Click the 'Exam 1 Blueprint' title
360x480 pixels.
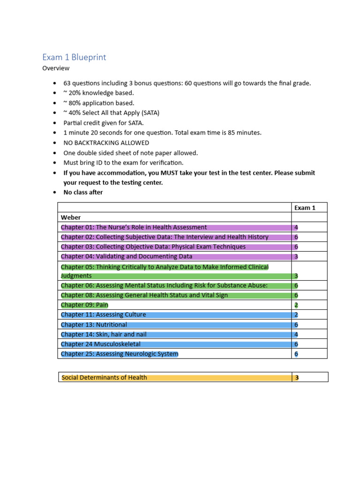pos(74,57)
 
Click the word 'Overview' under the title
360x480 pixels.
pos(56,68)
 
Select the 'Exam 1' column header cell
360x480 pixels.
pos(305,208)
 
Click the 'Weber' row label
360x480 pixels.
pos(71,217)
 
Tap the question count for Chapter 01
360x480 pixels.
pos(296,227)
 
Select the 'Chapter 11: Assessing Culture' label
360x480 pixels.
pos(103,315)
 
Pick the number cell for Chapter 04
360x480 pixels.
pos(296,256)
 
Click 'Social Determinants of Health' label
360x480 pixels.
pos(104,377)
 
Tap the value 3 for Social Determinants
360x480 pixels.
pos(296,377)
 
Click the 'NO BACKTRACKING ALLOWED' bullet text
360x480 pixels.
pos(106,143)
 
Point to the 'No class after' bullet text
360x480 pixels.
pos(83,192)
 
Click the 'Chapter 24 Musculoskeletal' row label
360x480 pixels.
pos(100,344)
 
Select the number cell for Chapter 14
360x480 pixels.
pos(296,334)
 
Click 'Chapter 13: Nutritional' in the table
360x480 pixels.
pos(94,325)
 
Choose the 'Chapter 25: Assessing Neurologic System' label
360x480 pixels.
pos(120,354)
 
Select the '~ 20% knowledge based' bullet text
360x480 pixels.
pos(99,93)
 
